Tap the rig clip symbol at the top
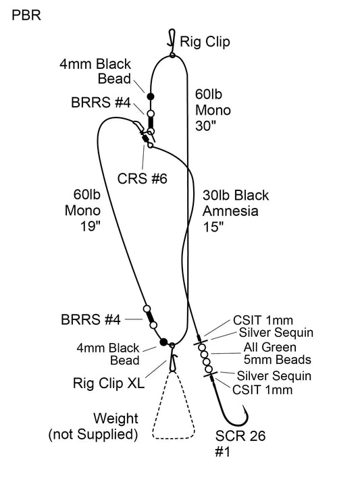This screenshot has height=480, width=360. pos(172,42)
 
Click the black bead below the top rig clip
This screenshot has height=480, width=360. pos(151,97)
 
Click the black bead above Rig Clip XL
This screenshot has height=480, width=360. pos(163,342)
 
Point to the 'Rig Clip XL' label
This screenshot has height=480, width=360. pos(108,383)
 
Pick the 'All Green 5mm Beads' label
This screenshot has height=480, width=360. pos(270,354)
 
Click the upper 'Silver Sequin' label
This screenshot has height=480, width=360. pos(274,332)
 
